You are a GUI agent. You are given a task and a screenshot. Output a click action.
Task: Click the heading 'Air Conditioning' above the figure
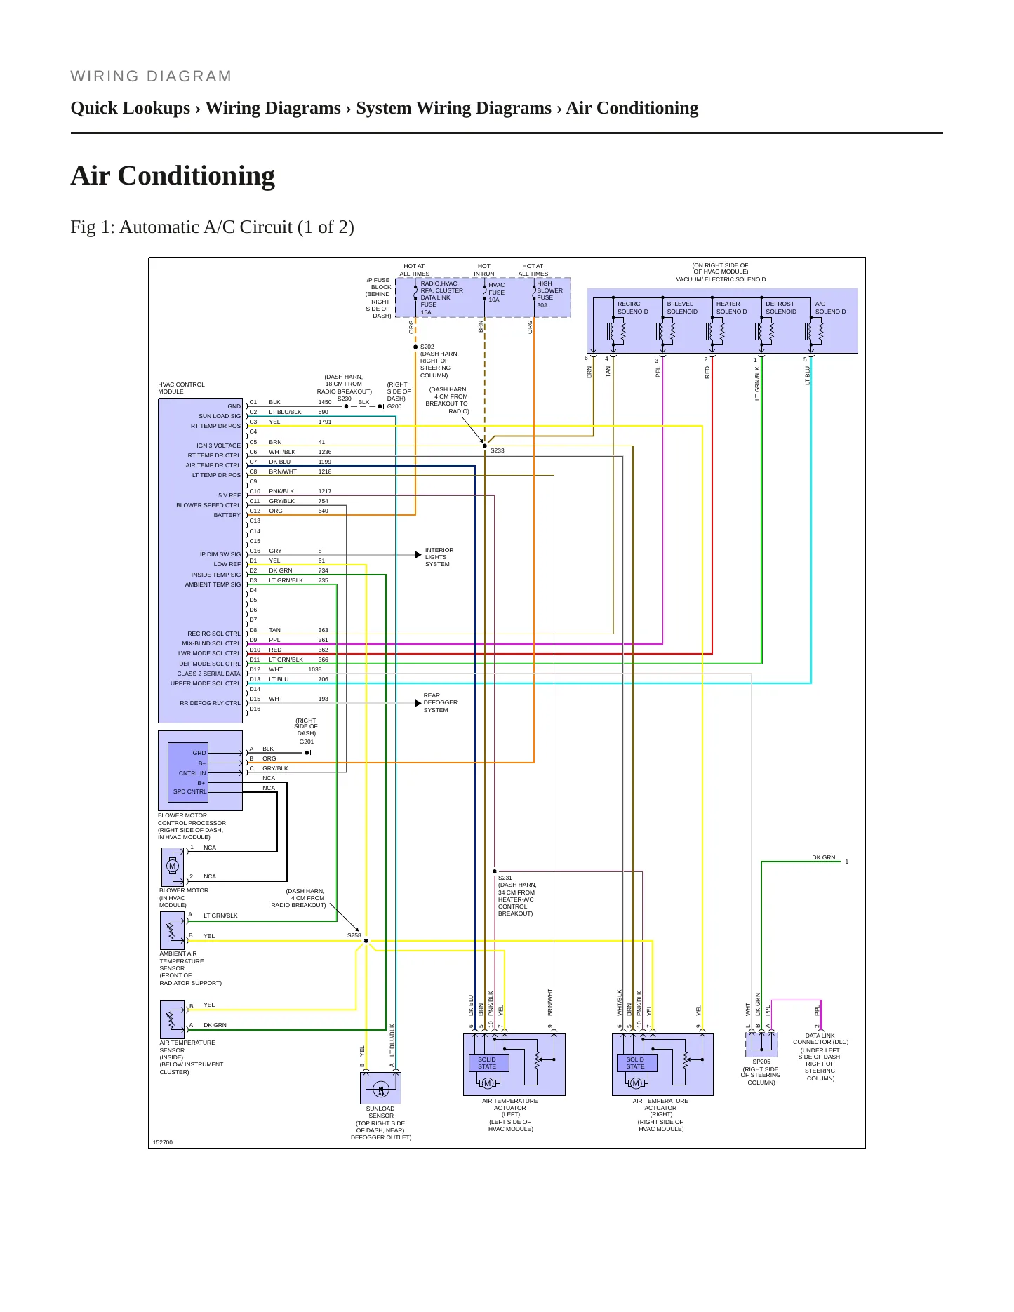click(x=173, y=175)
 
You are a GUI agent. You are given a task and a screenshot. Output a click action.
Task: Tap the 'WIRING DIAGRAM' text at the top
click(x=151, y=76)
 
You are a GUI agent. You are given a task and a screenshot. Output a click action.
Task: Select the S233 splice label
click(x=498, y=450)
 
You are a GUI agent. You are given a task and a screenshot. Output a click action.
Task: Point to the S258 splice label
click(x=354, y=935)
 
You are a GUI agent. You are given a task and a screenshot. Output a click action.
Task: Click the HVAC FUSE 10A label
click(x=496, y=293)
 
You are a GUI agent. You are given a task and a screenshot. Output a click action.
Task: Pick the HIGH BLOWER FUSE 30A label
click(x=549, y=295)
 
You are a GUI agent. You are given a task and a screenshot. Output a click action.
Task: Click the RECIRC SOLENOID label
click(x=633, y=308)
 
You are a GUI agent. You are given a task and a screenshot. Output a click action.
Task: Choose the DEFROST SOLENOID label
click(x=781, y=308)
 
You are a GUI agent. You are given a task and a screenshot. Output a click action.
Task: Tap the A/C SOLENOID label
click(x=831, y=308)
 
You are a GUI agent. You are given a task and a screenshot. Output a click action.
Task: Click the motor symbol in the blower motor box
click(x=173, y=866)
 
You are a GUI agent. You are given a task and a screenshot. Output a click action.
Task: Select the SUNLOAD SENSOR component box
click(x=380, y=1088)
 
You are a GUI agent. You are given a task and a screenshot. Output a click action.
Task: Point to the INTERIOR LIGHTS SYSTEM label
click(x=439, y=557)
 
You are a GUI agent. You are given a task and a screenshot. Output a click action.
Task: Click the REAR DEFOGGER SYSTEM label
click(x=441, y=703)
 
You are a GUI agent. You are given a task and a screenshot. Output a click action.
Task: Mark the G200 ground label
click(x=394, y=406)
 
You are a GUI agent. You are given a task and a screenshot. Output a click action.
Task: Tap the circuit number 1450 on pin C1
click(x=325, y=403)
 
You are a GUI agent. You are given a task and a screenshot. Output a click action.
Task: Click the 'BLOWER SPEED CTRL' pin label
click(x=208, y=505)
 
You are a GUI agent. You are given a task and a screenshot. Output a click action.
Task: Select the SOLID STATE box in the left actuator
click(x=487, y=1063)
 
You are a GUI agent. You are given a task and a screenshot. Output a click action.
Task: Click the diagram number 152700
click(x=163, y=1142)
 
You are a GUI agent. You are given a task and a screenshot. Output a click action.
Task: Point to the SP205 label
click(x=761, y=1062)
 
